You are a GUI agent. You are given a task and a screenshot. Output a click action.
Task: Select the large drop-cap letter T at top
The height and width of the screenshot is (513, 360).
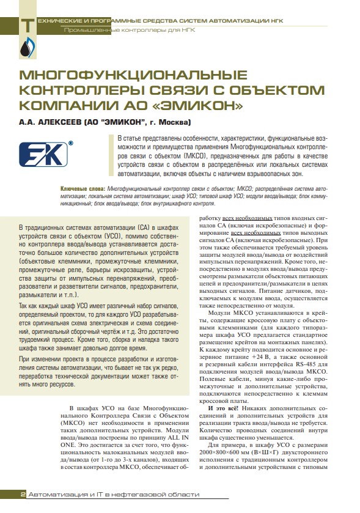pyautogui.click(x=27, y=24)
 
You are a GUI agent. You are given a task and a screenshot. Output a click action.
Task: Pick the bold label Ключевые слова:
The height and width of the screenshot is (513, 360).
pyautogui.click(x=83, y=190)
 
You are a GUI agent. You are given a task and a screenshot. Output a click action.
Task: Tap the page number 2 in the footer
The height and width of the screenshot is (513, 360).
pyautogui.click(x=22, y=494)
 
